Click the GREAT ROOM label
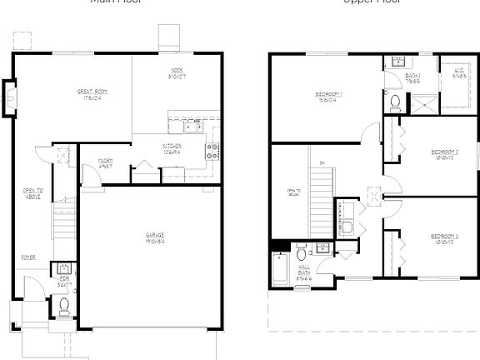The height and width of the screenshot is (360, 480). (x=92, y=92)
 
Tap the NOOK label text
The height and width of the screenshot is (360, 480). (x=177, y=72)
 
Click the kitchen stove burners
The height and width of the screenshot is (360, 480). (x=212, y=150)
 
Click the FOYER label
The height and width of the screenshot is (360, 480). (x=28, y=257)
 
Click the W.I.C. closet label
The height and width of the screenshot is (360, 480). (x=458, y=73)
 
